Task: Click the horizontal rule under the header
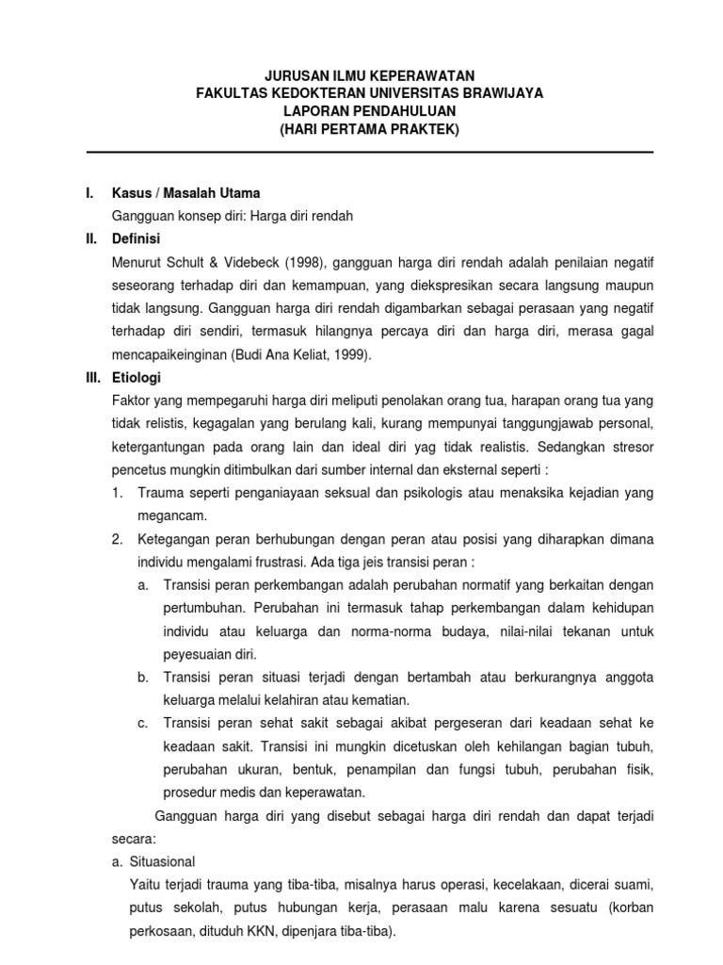(369, 152)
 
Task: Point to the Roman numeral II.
(91, 238)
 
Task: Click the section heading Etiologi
(137, 377)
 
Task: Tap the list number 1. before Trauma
(117, 492)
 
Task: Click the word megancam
(171, 515)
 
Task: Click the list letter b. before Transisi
(143, 677)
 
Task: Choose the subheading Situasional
(162, 860)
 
